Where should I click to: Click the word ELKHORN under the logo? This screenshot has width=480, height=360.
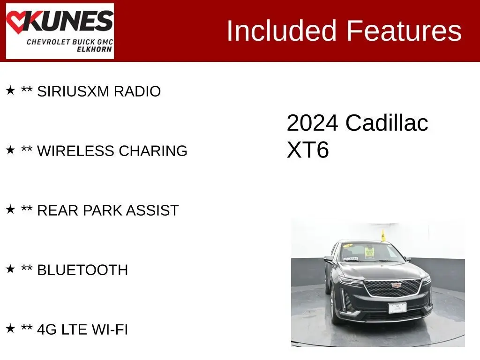pyautogui.click(x=94, y=49)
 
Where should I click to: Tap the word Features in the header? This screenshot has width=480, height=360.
pyautogui.click(x=404, y=30)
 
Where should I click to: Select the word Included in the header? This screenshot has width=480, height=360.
pyautogui.click(x=282, y=30)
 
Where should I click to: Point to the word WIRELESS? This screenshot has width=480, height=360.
pyautogui.click(x=75, y=150)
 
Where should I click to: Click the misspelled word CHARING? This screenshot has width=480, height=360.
pyautogui.click(x=153, y=150)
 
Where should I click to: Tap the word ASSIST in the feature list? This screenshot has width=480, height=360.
pyautogui.click(x=152, y=210)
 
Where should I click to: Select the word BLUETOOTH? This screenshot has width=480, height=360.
pyautogui.click(x=82, y=270)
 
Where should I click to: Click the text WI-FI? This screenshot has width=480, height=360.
pyautogui.click(x=110, y=330)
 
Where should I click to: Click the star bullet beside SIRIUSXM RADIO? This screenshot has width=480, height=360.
pyautogui.click(x=10, y=90)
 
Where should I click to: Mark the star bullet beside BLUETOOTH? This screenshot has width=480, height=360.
pyautogui.click(x=10, y=269)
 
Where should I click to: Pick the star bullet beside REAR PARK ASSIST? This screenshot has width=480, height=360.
pyautogui.click(x=10, y=210)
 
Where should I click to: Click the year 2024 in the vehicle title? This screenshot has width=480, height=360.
pyautogui.click(x=312, y=123)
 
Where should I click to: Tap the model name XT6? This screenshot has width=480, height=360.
pyautogui.click(x=307, y=150)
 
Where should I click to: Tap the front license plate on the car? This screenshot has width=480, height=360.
pyautogui.click(x=397, y=307)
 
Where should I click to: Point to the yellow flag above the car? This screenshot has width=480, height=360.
pyautogui.click(x=383, y=235)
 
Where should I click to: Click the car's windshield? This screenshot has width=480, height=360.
pyautogui.click(x=371, y=253)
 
